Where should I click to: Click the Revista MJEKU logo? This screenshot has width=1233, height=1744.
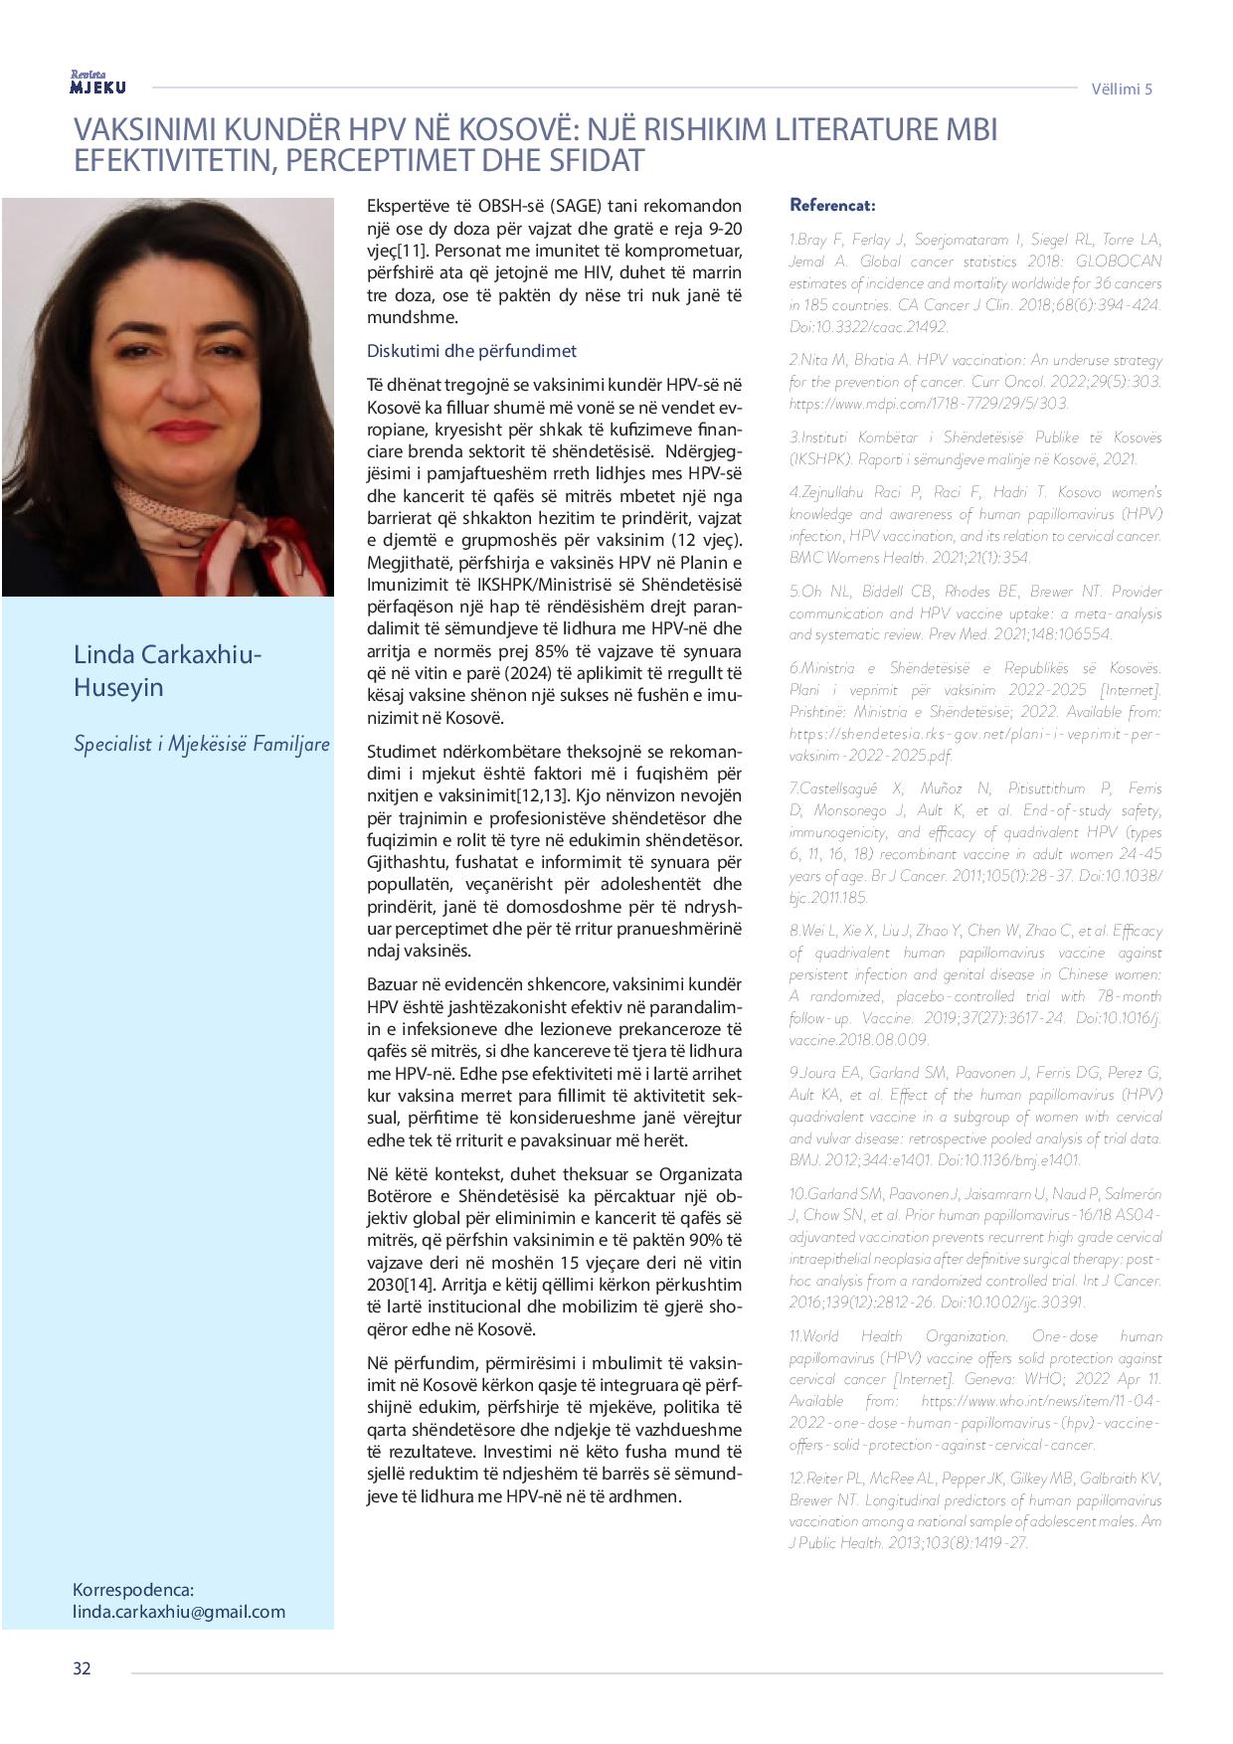(97, 84)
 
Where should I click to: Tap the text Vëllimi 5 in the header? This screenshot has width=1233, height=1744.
(1122, 88)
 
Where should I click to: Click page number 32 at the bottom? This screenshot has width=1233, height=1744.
(82, 1667)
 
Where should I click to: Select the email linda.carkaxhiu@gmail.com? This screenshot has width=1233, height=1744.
(179, 1612)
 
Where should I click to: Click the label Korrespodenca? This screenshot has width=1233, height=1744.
(133, 1589)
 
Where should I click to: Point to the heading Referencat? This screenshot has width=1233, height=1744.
(832, 205)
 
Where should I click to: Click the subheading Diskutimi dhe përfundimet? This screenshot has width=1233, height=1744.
(471, 351)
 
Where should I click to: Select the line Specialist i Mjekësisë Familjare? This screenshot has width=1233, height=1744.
(201, 743)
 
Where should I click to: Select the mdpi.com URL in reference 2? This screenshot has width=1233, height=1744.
(929, 403)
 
